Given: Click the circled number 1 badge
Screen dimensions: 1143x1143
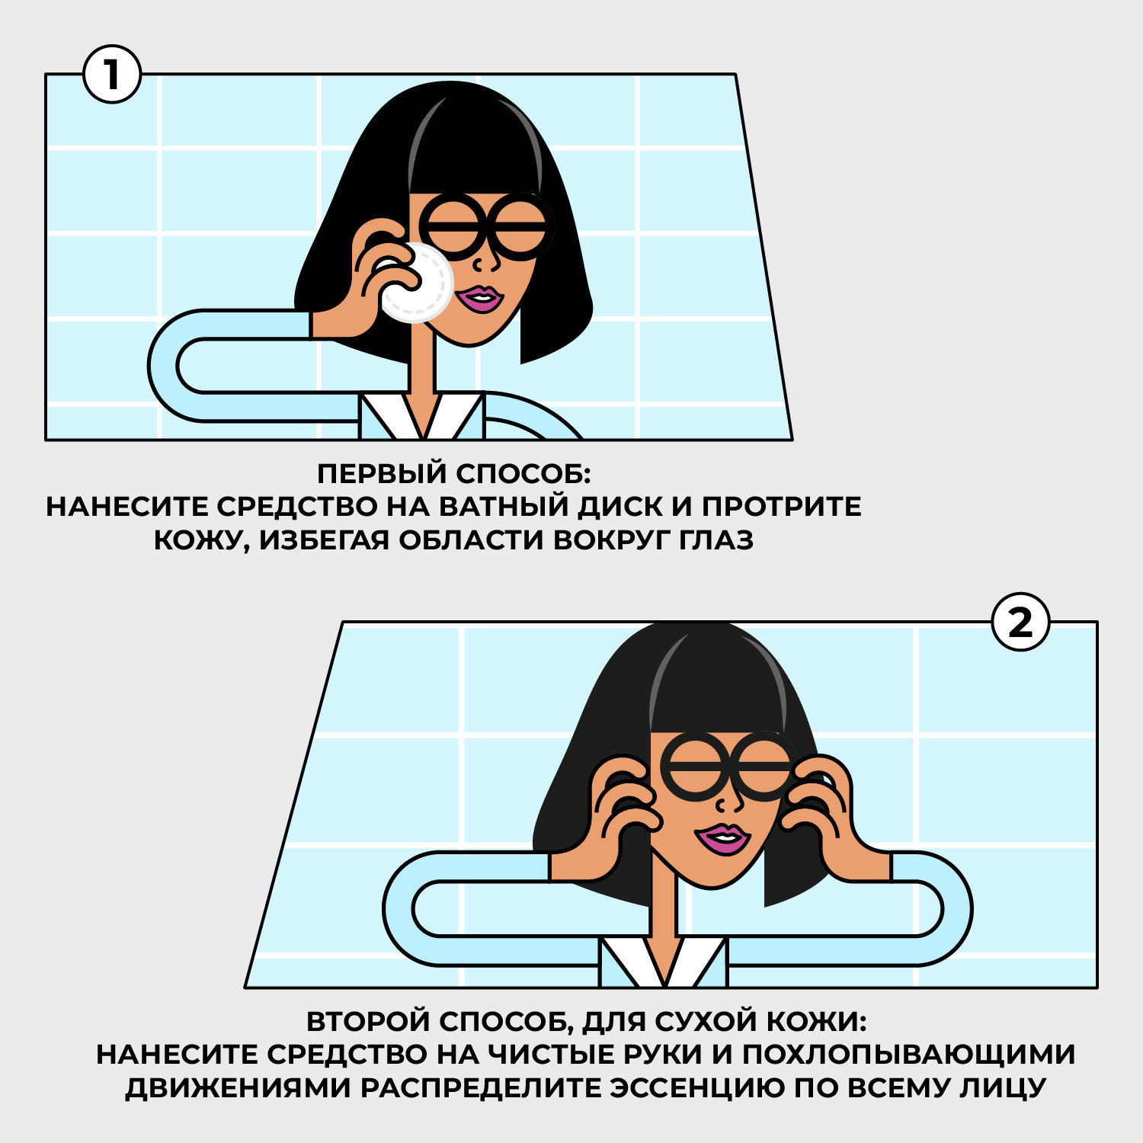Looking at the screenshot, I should pos(112,75).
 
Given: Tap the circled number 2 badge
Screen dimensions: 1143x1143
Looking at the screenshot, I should pos(1020,623).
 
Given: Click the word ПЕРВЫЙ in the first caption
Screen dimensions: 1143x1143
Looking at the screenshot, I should pos(383,473).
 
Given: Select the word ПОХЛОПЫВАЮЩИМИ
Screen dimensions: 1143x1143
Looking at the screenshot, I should pos(908,1055).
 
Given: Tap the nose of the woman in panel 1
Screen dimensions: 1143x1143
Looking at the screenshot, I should pos(483,261).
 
